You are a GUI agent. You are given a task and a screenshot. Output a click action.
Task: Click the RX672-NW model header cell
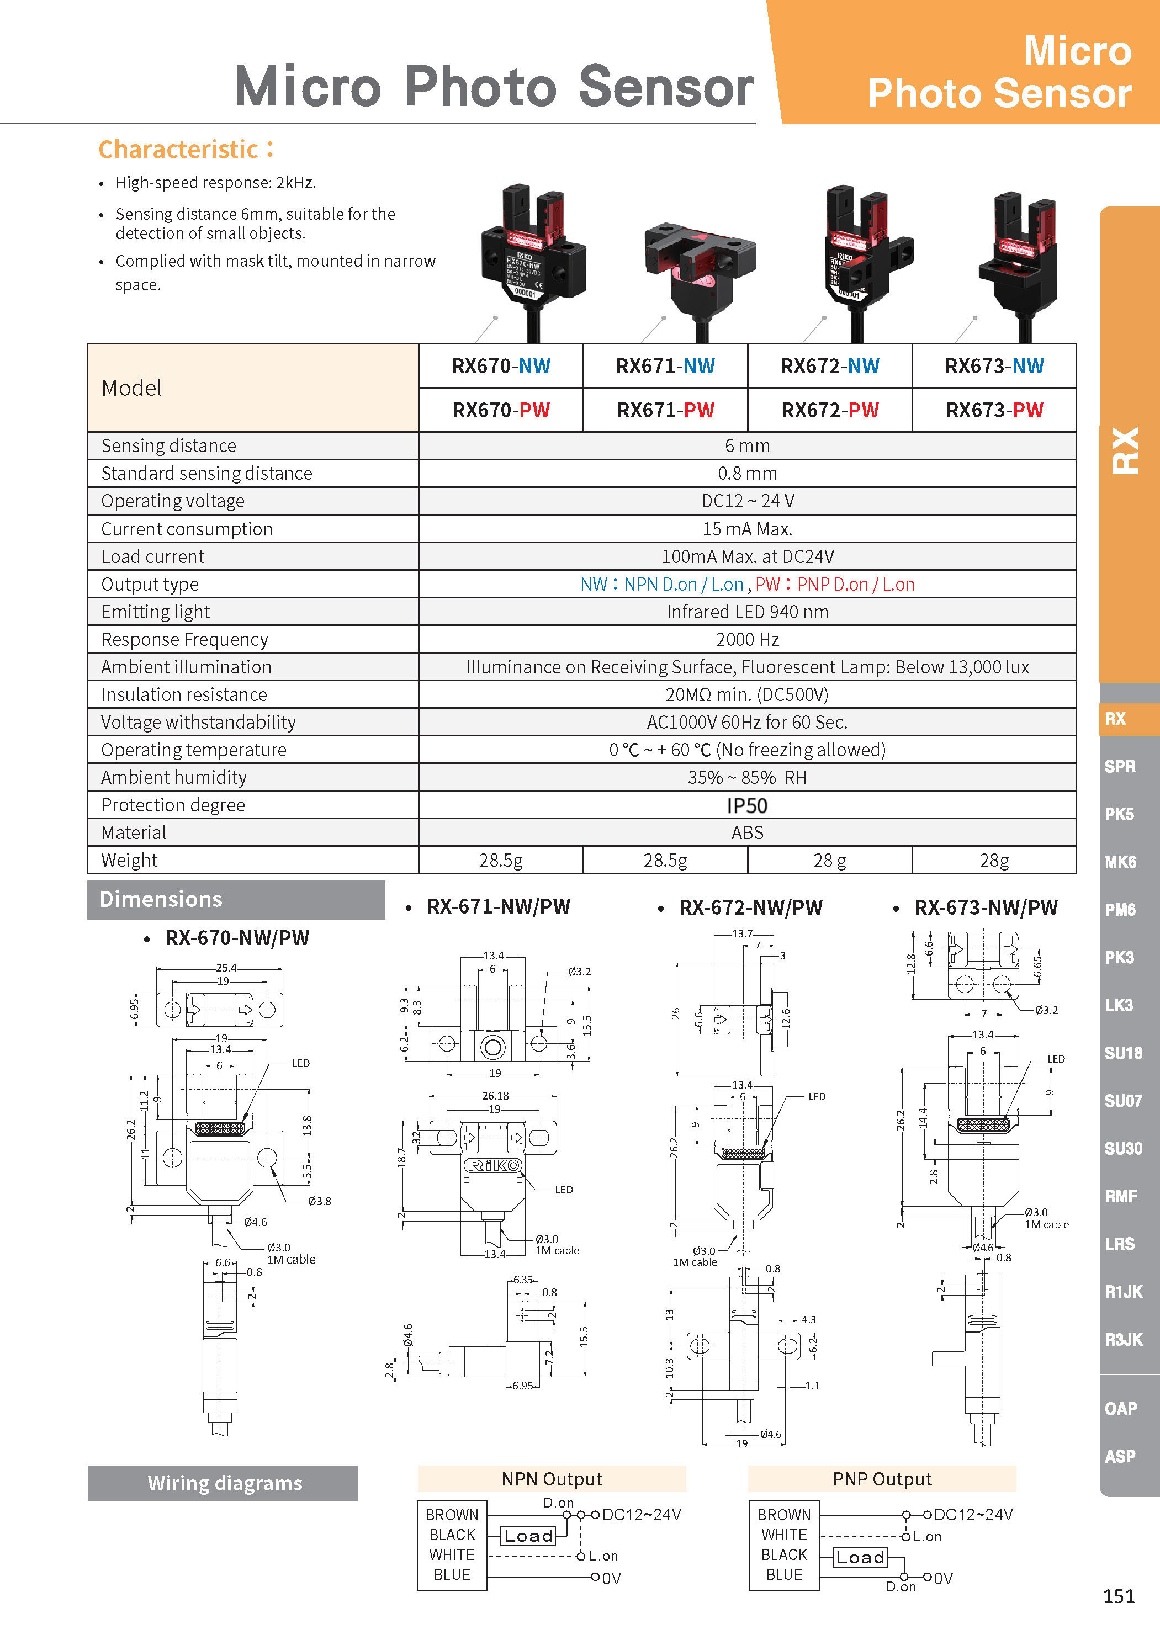[x=829, y=367]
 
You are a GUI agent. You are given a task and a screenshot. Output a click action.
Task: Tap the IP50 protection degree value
[x=746, y=806]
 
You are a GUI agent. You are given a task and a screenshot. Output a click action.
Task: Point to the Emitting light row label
[x=156, y=612]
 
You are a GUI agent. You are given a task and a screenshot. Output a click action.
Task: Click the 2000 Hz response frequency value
[x=747, y=639]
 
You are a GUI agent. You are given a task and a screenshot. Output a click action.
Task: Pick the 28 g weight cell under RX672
[x=829, y=861]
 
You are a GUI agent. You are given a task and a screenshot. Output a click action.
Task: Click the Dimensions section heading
[x=161, y=899]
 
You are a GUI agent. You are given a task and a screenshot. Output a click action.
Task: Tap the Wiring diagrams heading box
[x=224, y=1484]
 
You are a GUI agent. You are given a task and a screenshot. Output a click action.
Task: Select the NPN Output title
[x=552, y=1479]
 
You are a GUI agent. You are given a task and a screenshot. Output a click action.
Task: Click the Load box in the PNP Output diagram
[x=860, y=1558]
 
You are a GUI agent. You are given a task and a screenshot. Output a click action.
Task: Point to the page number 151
[x=1119, y=1596]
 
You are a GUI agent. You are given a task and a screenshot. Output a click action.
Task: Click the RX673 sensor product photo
[x=1019, y=257]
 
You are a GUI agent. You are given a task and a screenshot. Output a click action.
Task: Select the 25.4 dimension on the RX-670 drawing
[x=226, y=968]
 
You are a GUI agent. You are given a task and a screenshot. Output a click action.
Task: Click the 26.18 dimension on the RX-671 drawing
[x=495, y=1096]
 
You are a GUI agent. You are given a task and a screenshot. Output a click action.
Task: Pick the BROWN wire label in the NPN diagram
[x=452, y=1515]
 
